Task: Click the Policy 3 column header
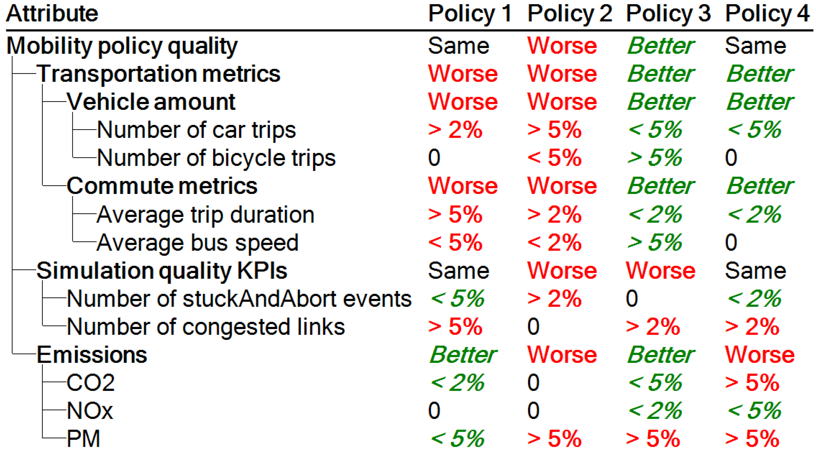(668, 14)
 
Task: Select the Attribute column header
(52, 14)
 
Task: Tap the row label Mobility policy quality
(122, 46)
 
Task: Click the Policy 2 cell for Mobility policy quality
(562, 46)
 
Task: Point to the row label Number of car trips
(197, 130)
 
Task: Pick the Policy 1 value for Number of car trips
(455, 130)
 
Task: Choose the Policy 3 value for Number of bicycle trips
(655, 158)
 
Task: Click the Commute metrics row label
(162, 186)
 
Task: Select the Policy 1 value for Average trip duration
(455, 215)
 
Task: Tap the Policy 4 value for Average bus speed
(731, 242)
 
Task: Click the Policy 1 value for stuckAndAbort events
(457, 299)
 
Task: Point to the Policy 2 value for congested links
(533, 327)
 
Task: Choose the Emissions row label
(92, 355)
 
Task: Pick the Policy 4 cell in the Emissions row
(760, 355)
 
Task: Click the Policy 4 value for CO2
(752, 383)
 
